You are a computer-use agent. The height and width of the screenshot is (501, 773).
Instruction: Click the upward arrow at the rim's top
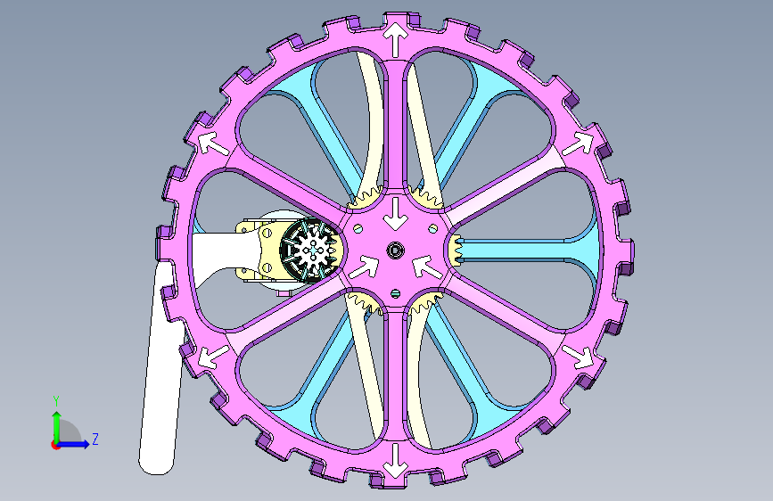tap(395, 38)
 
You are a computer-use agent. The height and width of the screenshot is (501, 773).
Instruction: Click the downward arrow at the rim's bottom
tap(395, 461)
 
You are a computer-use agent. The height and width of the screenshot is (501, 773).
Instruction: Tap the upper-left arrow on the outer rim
tap(213, 144)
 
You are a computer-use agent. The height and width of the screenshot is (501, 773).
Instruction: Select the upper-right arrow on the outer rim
tap(578, 144)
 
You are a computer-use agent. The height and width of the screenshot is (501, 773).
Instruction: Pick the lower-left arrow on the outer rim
tap(213, 357)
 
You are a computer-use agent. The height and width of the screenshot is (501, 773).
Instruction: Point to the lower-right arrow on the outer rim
tap(578, 356)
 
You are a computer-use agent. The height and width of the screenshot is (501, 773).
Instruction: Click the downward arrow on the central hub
tap(395, 214)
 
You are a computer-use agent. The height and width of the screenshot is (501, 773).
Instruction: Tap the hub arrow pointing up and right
tap(364, 267)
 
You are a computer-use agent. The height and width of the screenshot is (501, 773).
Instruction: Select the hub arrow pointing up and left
tap(426, 267)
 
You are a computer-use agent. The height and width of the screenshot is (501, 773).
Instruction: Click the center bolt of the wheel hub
tap(395, 250)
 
